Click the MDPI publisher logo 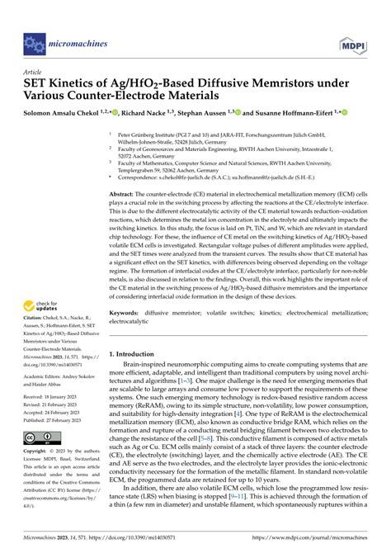point(352,39)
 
